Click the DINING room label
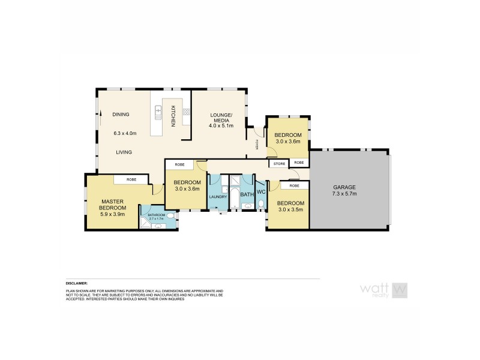[x=121, y=115]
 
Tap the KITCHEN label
[x=172, y=115]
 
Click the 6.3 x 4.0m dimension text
[x=125, y=133]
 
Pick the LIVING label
[x=124, y=152]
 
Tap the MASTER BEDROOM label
[x=112, y=205]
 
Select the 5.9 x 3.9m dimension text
[x=112, y=214]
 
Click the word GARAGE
[x=344, y=187]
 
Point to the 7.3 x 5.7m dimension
[x=344, y=194]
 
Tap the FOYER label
[x=257, y=144]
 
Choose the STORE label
[x=279, y=163]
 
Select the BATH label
[x=247, y=194]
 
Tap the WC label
[x=261, y=192]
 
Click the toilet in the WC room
[x=261, y=205]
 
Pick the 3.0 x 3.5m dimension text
[x=290, y=210]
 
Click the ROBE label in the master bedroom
[x=131, y=179]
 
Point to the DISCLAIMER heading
[x=77, y=283]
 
